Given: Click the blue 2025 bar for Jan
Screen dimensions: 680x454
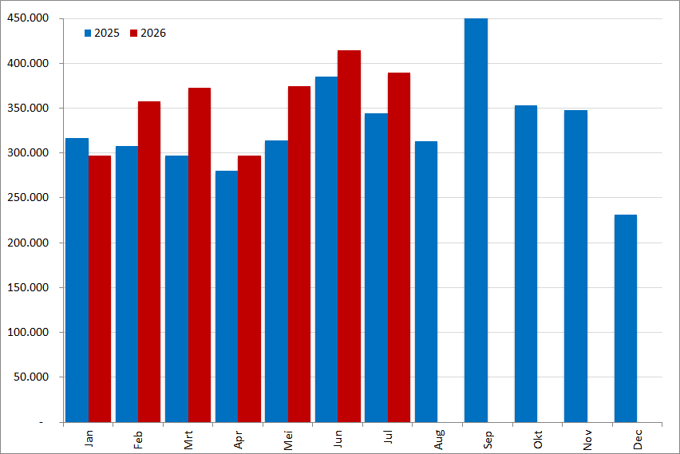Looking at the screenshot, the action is (x=77, y=280).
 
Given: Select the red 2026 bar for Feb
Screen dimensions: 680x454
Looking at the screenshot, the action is (x=149, y=262).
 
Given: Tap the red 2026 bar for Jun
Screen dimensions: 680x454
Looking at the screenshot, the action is (x=349, y=236).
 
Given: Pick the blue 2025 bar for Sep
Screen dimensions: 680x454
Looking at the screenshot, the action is (x=476, y=220).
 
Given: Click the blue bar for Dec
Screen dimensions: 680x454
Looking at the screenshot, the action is (x=626, y=318).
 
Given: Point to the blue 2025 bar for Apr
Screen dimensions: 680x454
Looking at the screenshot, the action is (x=227, y=297).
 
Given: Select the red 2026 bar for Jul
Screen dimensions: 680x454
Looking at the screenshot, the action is (x=399, y=247).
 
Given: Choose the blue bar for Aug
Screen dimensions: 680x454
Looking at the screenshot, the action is (x=426, y=282).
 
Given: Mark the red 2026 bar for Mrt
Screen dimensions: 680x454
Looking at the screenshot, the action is (x=200, y=255).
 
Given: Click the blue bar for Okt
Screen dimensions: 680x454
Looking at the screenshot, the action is (x=526, y=263).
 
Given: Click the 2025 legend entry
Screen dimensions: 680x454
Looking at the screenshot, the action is (x=102, y=33).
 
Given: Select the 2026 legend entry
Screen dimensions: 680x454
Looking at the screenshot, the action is (x=148, y=33).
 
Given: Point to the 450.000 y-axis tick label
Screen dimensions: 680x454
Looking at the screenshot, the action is (x=28, y=18).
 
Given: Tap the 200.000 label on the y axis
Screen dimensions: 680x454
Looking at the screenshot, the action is (x=28, y=243).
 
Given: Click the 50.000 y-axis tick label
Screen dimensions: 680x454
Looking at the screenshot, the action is (x=31, y=377).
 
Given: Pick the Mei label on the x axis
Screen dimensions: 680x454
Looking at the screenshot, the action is (x=288, y=440).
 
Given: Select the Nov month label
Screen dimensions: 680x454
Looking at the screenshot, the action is (x=587, y=440).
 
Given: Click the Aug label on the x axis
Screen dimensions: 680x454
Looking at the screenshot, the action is (x=438, y=440).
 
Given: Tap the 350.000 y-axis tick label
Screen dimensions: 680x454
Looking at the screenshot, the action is (x=28, y=108).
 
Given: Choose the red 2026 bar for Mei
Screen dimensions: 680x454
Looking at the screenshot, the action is (x=299, y=254).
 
